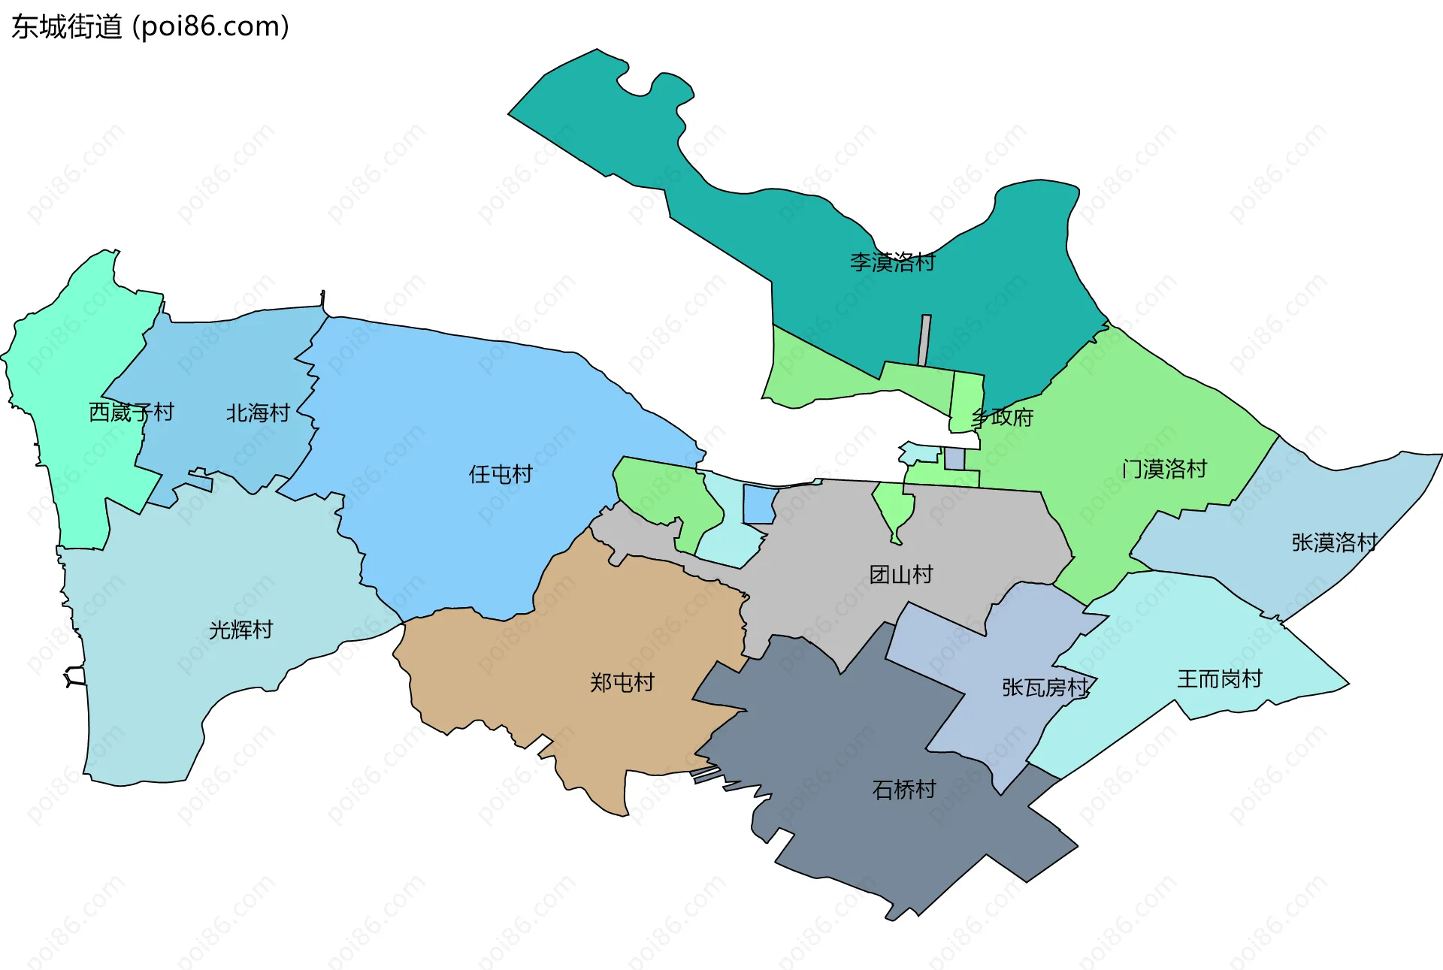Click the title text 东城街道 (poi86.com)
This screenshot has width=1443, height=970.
[150, 27]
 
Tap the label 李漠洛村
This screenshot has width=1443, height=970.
[892, 262]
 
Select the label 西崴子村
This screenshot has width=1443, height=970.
[131, 412]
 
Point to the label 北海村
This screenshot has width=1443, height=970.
[258, 413]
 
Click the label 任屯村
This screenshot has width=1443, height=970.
[501, 474]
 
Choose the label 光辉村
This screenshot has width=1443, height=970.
[240, 630]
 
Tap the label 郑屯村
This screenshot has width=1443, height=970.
[622, 682]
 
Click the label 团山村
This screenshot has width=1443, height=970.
[901, 575]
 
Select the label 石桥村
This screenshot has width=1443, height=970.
[903, 789]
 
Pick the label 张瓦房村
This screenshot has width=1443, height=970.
[1045, 687]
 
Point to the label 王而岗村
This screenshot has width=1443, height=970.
[1219, 679]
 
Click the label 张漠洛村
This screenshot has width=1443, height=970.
[1334, 542]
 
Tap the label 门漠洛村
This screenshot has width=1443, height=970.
[1164, 469]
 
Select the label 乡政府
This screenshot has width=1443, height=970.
[1003, 417]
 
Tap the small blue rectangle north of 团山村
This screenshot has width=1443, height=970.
[759, 504]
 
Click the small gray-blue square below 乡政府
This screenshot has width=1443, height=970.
[954, 458]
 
